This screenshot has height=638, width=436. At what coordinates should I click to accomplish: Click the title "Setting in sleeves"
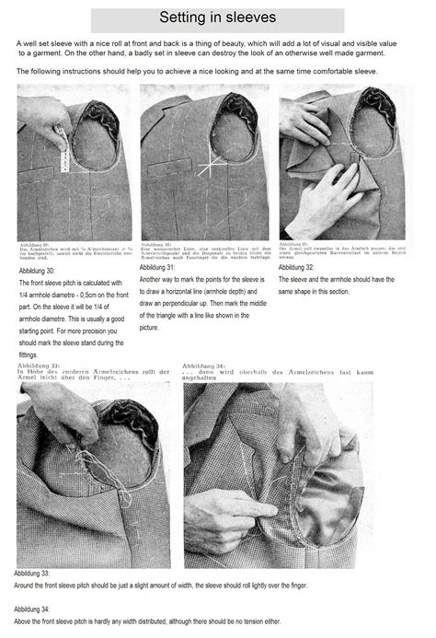click(x=217, y=18)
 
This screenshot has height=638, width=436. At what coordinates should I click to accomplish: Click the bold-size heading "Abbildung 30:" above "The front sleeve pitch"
click(x=36, y=272)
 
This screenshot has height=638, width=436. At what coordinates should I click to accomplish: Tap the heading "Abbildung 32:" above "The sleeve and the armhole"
click(x=299, y=266)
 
